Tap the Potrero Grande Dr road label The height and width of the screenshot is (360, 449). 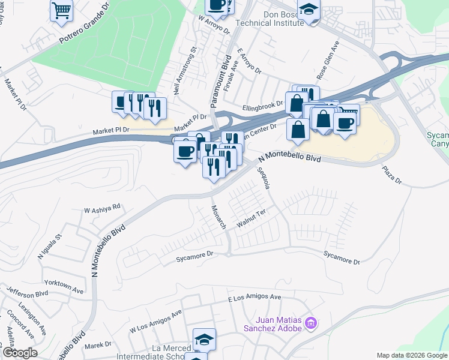pos(85,29)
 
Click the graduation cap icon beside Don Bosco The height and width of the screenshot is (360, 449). pos(309,10)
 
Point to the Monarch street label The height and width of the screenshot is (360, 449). pos(218,217)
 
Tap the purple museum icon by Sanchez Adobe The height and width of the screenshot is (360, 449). pos(310,323)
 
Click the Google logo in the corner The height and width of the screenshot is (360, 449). pos(19,353)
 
